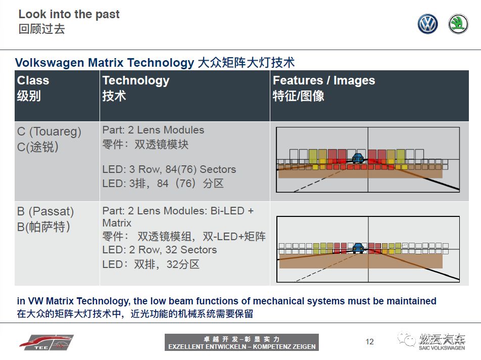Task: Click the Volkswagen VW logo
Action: pyautogui.click(x=427, y=24)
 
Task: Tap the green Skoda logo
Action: pyautogui.click(x=458, y=24)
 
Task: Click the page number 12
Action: pyautogui.click(x=370, y=342)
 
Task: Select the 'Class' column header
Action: pyautogui.click(x=33, y=80)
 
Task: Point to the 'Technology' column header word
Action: pyautogui.click(x=136, y=81)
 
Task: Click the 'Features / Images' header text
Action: pyautogui.click(x=324, y=80)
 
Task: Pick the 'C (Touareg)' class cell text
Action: pyautogui.click(x=49, y=131)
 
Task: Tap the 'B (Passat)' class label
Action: pyautogui.click(x=45, y=211)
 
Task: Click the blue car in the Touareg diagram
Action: pyautogui.click(x=358, y=158)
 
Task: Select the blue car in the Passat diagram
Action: pyautogui.click(x=358, y=247)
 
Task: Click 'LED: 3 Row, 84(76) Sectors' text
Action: pyautogui.click(x=169, y=169)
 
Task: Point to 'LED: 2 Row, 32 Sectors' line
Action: pyautogui.click(x=160, y=250)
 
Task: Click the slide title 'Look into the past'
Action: pyautogui.click(x=69, y=14)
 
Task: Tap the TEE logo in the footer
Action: pyautogui.click(x=46, y=342)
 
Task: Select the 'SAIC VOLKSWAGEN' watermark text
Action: pyautogui.click(x=442, y=348)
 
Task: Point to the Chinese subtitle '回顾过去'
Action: pyautogui.click(x=42, y=29)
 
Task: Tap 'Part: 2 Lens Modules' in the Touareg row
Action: pyautogui.click(x=153, y=130)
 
